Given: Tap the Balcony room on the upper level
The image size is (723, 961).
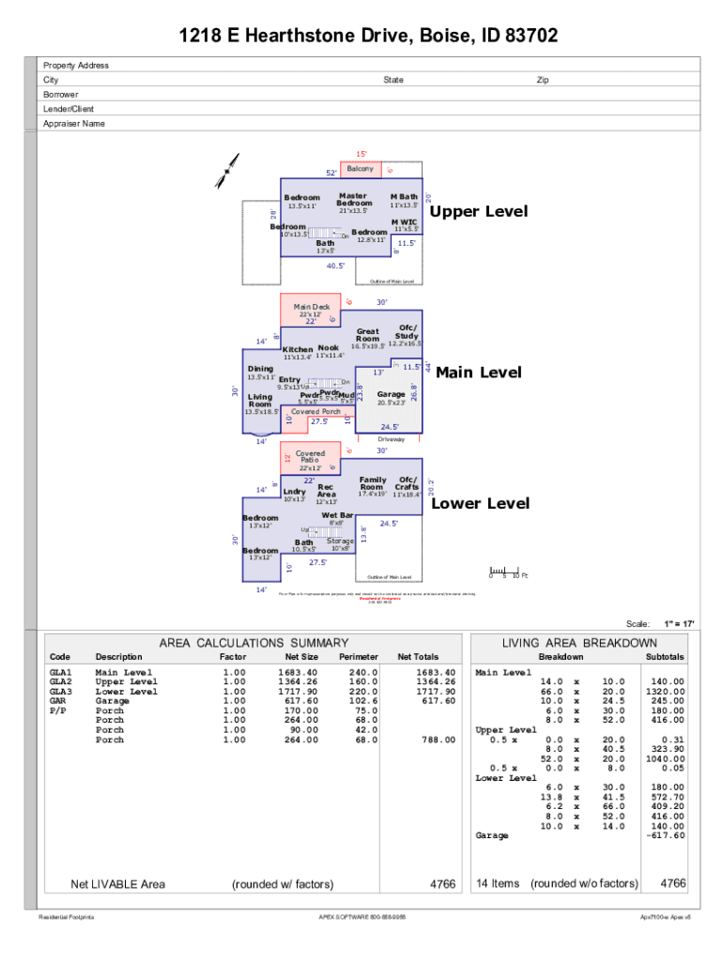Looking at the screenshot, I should coord(361,169).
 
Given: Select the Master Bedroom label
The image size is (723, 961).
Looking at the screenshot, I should coord(354,200).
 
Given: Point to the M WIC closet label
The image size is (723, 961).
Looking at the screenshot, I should coord(404,221).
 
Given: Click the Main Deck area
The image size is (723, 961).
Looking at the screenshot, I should coord(312,307).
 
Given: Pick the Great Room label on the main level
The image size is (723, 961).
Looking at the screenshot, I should coord(368,335).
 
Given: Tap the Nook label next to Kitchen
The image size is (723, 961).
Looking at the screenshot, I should coord(329,348).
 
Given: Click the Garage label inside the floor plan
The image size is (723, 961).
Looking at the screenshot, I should coord(391,394).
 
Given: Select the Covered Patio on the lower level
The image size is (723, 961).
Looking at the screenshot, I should coord(311,457).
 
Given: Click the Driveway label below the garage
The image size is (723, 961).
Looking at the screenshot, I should coord(392,439).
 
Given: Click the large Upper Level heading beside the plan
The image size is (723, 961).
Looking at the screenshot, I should coord(479,211).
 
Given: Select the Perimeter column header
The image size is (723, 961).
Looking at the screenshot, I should coord(358,657).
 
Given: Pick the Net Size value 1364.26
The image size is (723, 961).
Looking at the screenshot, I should coord(298,682).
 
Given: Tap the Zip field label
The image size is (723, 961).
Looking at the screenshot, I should coord(543,80).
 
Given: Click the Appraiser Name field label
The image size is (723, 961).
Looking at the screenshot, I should coord(74,124).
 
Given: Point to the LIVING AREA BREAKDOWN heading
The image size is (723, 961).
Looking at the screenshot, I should coord(579,643).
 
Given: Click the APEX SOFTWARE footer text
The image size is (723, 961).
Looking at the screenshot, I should coord(361,917).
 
